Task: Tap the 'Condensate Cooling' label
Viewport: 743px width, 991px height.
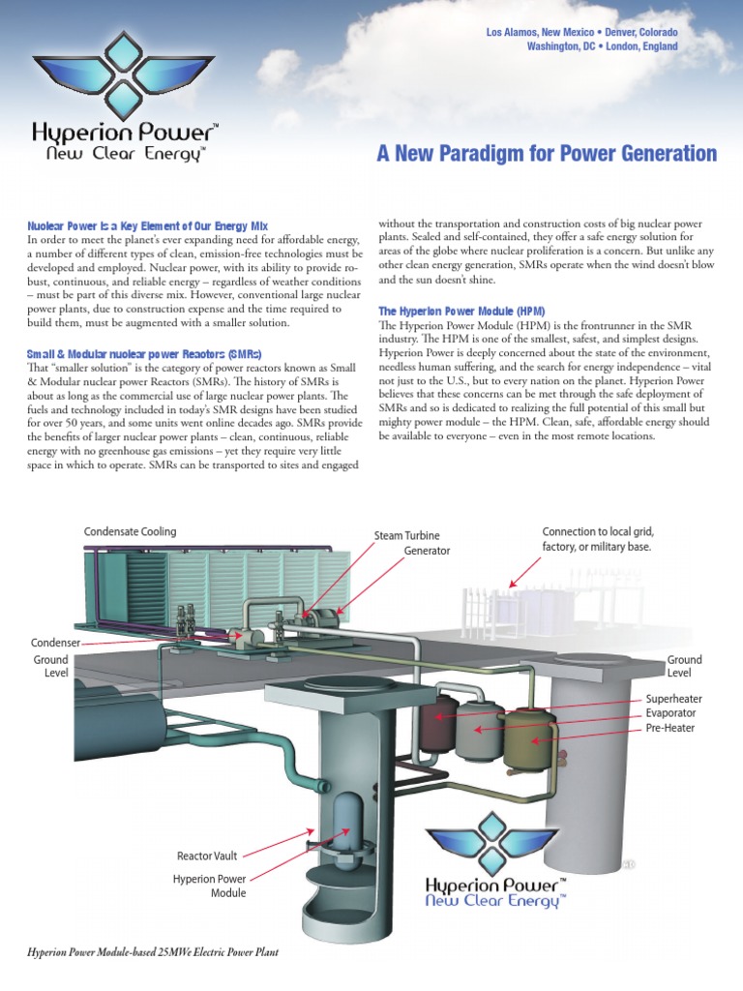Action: tap(130, 531)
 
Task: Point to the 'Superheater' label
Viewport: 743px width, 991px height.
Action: tap(673, 699)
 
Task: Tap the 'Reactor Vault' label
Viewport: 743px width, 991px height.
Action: tap(206, 856)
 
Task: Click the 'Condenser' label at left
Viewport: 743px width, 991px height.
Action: tap(54, 642)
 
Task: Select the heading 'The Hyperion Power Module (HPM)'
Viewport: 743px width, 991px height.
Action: tap(461, 311)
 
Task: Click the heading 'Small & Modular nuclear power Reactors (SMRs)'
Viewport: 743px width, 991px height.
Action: tap(144, 353)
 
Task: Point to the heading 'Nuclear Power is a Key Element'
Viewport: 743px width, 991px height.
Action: tap(147, 225)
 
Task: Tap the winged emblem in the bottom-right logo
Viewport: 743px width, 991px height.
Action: tap(492, 838)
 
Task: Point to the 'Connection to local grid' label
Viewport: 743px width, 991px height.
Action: tap(598, 531)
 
